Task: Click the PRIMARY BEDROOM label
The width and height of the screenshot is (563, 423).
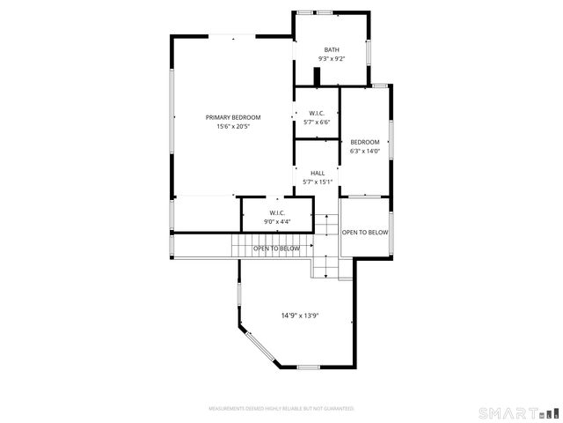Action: [233, 117]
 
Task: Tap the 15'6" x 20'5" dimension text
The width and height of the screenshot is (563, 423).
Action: [233, 126]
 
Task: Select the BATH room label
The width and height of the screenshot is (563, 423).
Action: [331, 49]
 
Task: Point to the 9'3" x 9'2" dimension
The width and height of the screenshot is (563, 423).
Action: [331, 59]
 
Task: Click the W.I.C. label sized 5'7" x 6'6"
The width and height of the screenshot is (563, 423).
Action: [317, 113]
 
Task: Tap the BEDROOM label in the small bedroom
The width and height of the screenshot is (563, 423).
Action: [364, 142]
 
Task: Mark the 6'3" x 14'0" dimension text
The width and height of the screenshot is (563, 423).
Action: [364, 151]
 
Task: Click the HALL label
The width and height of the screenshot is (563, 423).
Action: [318, 173]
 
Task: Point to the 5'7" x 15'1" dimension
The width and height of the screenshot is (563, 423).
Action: [318, 182]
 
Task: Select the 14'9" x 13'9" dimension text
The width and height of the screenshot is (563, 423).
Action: [299, 315]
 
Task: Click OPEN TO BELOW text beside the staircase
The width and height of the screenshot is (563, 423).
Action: [276, 249]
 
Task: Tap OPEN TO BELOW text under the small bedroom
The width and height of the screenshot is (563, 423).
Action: [364, 233]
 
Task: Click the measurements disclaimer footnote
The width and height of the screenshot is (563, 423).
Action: [281, 409]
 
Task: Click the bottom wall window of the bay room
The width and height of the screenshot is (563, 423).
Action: [309, 366]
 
